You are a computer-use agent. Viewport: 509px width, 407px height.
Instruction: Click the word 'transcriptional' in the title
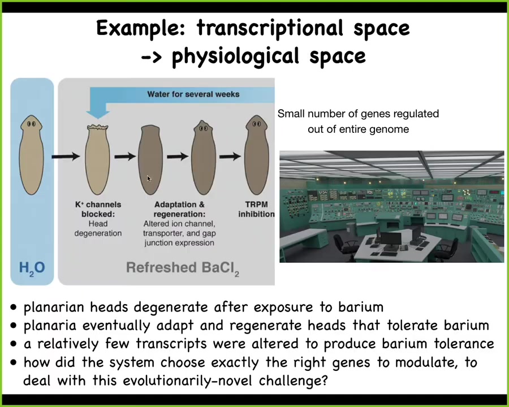click(269, 29)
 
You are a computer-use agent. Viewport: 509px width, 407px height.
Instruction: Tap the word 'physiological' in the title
click(235, 57)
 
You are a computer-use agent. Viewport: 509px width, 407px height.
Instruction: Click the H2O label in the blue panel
click(32, 268)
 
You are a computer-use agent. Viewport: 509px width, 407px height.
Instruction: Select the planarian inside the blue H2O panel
click(31, 155)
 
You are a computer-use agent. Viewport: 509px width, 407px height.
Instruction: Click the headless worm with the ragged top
click(97, 159)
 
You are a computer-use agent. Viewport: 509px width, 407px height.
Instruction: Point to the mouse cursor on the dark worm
click(149, 179)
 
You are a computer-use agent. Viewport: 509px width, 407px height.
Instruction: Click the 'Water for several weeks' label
click(193, 94)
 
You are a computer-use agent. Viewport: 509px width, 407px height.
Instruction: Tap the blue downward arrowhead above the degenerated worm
click(98, 114)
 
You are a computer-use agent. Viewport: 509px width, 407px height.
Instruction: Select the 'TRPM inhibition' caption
click(256, 209)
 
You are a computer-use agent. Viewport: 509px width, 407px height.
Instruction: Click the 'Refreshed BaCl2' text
click(183, 269)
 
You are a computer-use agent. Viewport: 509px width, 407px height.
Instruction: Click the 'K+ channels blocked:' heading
click(98, 209)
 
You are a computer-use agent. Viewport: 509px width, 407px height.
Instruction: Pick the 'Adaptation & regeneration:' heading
click(179, 209)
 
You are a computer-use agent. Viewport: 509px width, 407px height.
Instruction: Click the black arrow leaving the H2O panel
click(66, 157)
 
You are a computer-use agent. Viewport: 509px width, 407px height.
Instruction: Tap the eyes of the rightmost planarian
click(256, 124)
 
